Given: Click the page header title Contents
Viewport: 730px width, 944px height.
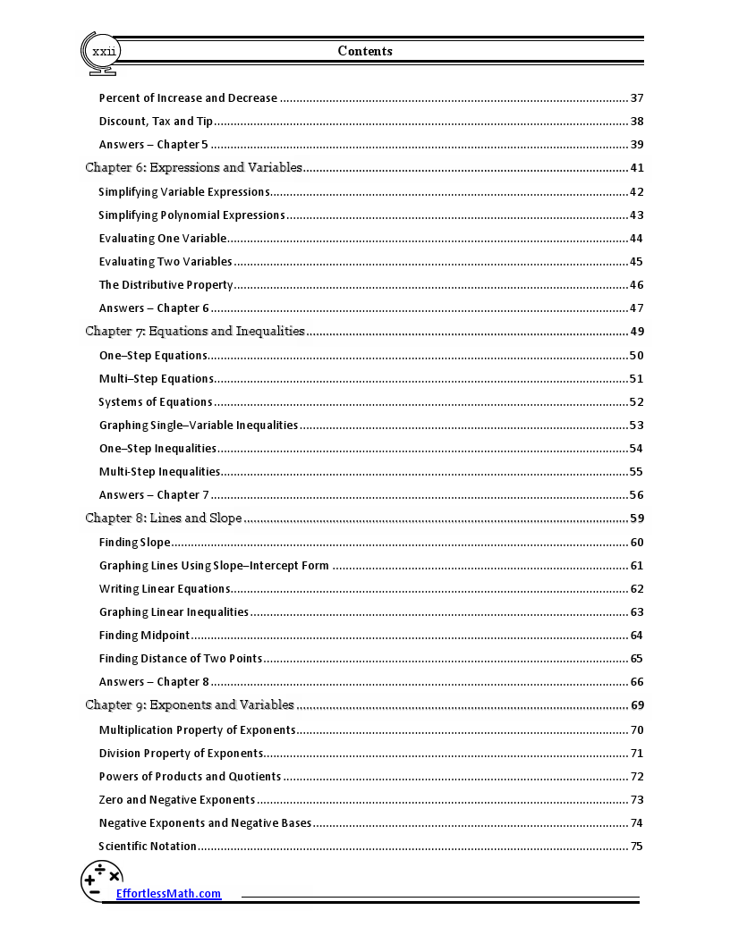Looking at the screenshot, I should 365,51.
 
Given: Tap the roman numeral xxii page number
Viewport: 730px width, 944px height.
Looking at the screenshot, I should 104,52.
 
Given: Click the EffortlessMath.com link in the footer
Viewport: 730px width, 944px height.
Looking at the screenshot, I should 168,893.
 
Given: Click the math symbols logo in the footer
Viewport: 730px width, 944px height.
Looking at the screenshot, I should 101,880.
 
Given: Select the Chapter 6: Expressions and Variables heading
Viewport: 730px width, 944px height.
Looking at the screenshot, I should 193,168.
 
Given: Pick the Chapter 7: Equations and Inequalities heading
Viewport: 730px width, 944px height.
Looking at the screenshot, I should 195,332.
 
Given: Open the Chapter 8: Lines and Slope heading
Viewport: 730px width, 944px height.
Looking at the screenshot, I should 164,518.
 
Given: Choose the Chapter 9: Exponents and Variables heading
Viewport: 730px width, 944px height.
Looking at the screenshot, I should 190,705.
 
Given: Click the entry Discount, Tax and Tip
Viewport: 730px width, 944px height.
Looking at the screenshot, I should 156,122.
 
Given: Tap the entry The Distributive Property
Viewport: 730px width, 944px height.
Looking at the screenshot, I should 166,285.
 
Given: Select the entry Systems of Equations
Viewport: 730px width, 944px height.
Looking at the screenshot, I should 156,402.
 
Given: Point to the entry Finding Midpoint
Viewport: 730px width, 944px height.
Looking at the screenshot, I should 144,636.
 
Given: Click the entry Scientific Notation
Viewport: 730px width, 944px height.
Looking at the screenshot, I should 148,847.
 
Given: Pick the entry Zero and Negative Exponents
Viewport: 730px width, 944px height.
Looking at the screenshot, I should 177,800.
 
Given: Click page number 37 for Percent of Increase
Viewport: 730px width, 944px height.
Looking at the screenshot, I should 637,98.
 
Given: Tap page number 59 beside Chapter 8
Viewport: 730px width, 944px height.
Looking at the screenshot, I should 637,518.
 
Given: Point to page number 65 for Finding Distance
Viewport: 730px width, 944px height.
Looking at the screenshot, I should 637,659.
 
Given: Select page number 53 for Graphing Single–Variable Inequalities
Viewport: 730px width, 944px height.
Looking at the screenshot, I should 637,426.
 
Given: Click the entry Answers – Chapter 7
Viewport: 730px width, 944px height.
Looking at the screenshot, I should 154,495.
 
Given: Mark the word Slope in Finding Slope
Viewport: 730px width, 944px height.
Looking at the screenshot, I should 155,543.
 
